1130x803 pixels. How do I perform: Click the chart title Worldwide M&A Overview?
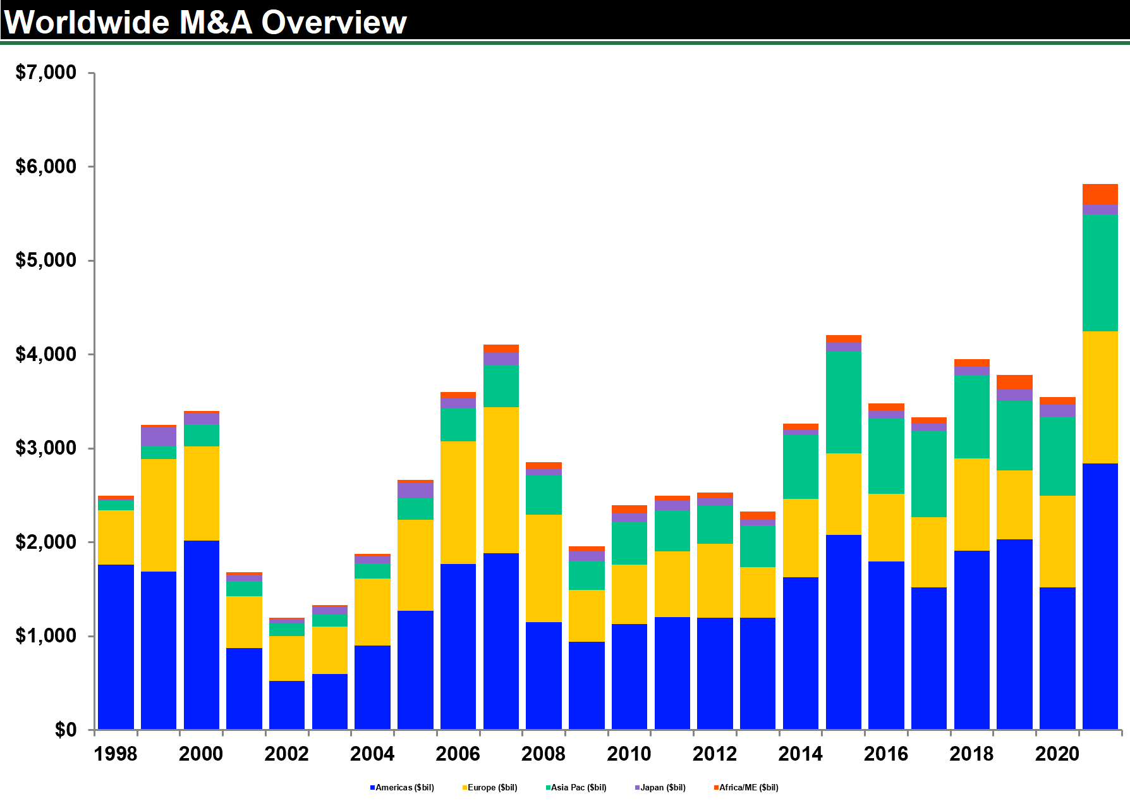point(205,22)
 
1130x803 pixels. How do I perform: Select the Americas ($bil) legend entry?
point(402,787)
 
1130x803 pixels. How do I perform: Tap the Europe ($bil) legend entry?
point(490,787)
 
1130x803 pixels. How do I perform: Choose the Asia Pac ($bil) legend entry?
point(576,787)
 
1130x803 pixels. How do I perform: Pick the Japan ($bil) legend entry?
point(660,787)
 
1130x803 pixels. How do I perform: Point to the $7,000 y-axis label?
point(46,73)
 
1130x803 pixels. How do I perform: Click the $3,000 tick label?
point(46,448)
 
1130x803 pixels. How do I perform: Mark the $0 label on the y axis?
point(65,730)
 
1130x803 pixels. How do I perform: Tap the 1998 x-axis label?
point(116,754)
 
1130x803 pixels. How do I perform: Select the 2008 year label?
point(544,754)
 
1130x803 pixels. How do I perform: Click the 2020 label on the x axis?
point(1057,754)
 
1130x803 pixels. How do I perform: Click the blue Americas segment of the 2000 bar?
point(202,635)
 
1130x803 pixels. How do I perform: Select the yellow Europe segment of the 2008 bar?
point(544,568)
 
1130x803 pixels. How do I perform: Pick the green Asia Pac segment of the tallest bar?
point(1100,273)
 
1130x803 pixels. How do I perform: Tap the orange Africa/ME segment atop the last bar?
point(1100,194)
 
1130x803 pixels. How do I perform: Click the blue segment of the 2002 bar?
point(287,705)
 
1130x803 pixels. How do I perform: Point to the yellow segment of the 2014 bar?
point(801,537)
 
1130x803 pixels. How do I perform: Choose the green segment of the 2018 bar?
point(972,417)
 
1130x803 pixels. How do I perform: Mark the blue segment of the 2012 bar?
point(715,673)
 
